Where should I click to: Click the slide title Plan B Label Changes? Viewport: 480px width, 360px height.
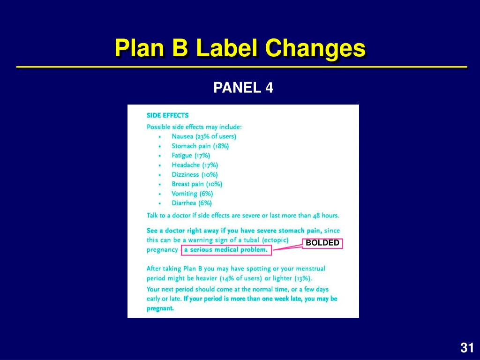pyautogui.click(x=240, y=48)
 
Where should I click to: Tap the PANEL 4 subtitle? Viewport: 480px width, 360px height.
pyautogui.click(x=243, y=88)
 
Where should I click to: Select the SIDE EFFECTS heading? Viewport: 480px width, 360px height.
pyautogui.click(x=167, y=115)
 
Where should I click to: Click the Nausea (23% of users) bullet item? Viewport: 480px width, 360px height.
pyautogui.click(x=204, y=136)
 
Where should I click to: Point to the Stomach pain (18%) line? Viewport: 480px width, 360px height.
pyautogui.click(x=200, y=146)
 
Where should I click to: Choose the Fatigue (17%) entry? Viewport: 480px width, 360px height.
pyautogui.click(x=191, y=155)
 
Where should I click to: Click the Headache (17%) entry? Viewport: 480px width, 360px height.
pyautogui.click(x=195, y=165)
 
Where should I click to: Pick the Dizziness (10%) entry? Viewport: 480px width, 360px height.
pyautogui.click(x=195, y=174)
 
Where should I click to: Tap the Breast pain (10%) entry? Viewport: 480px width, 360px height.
pyautogui.click(x=197, y=184)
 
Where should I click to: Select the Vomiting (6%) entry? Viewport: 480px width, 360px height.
pyautogui.click(x=192, y=194)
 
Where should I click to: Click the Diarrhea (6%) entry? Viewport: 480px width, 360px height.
pyautogui.click(x=192, y=203)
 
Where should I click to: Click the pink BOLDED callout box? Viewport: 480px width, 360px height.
pyautogui.click(x=322, y=243)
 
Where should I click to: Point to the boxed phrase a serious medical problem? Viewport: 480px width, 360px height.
pyautogui.click(x=226, y=250)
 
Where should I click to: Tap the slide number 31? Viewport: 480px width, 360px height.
pyautogui.click(x=466, y=348)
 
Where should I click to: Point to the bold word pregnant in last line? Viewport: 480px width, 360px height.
pyautogui.click(x=160, y=308)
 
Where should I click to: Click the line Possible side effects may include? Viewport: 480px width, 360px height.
pyautogui.click(x=194, y=127)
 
